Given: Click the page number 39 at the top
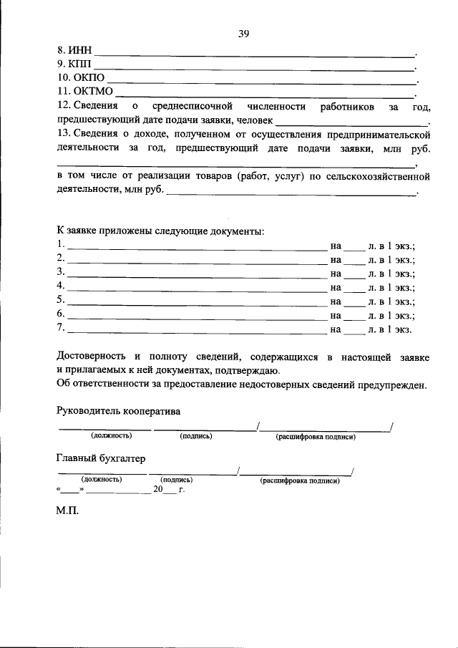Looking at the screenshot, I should click(243, 32).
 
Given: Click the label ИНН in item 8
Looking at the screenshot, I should click(80, 52).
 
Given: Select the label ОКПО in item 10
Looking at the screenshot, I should click(91, 78).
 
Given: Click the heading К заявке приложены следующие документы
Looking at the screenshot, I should click(160, 231).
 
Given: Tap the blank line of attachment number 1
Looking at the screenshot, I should click(197, 248).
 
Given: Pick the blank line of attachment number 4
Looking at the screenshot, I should click(197, 289).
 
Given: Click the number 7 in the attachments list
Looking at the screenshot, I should click(60, 329).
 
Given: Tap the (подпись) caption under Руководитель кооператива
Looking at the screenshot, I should click(197, 437).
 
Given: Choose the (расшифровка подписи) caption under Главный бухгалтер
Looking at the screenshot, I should click(300, 481).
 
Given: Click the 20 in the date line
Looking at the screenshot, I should click(158, 491).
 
